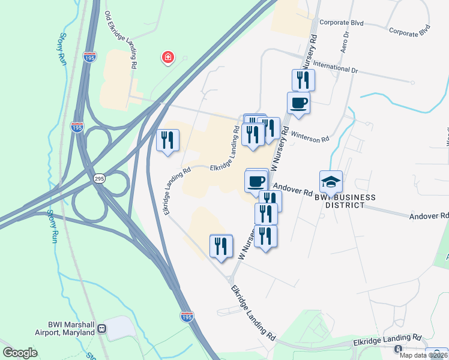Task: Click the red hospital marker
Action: click(x=168, y=58)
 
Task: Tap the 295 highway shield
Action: click(x=100, y=179)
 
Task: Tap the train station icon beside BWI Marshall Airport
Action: click(x=103, y=328)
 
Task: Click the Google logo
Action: click(x=20, y=353)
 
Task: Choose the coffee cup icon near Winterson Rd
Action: click(x=298, y=103)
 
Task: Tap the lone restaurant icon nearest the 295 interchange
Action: click(x=167, y=140)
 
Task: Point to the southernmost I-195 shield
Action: click(x=186, y=316)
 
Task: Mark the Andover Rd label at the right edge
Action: click(x=429, y=215)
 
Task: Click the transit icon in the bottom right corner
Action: click(x=398, y=349)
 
